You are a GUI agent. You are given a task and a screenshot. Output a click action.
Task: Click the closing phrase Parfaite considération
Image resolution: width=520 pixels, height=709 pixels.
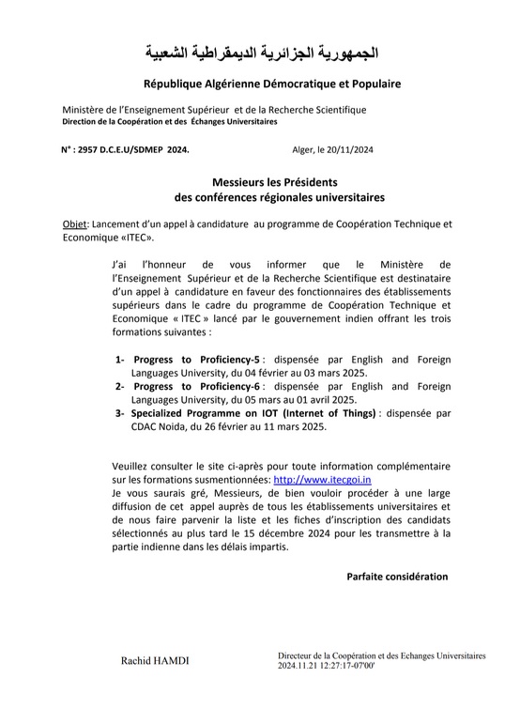(397, 576)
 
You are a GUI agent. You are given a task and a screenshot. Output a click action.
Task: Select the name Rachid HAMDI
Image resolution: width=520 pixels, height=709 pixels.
(155, 661)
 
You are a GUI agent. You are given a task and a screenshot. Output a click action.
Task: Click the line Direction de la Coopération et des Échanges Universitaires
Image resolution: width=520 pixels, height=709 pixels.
(170, 122)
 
